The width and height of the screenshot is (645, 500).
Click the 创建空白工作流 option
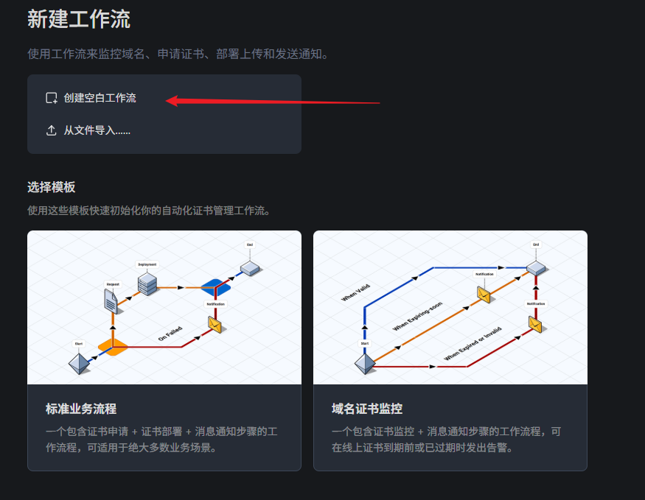[100, 98]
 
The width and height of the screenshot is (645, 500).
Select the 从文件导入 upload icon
[52, 130]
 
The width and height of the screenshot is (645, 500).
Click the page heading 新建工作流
[79, 19]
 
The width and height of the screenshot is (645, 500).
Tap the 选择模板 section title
[52, 187]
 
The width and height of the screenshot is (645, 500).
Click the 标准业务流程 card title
[81, 409]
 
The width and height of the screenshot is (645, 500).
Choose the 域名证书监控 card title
[367, 409]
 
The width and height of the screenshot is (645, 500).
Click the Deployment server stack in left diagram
[147, 284]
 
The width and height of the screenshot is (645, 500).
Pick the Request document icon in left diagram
[111, 299]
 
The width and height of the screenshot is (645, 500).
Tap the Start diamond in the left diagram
[79, 362]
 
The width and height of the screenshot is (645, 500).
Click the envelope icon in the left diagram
[215, 323]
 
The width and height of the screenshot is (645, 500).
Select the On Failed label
[170, 334]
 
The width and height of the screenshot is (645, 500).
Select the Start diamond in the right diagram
[364, 363]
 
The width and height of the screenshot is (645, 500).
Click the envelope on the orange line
[484, 294]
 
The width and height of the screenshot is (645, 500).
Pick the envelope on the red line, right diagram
[536, 323]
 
